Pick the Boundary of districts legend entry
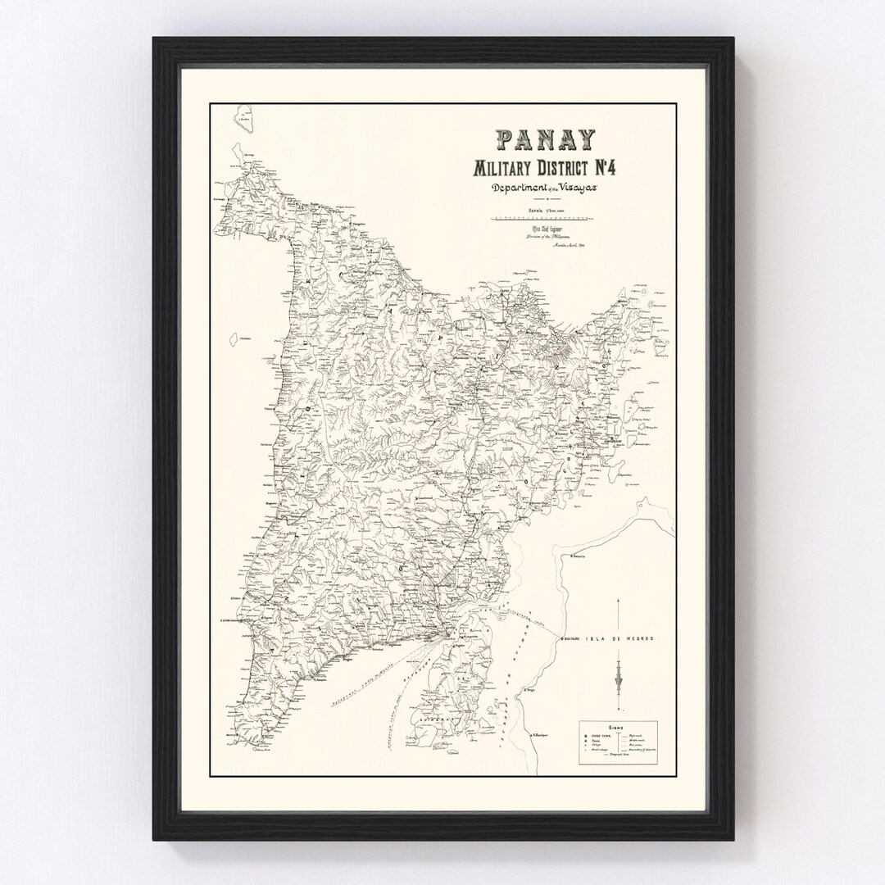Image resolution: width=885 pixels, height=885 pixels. (x=643, y=749)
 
